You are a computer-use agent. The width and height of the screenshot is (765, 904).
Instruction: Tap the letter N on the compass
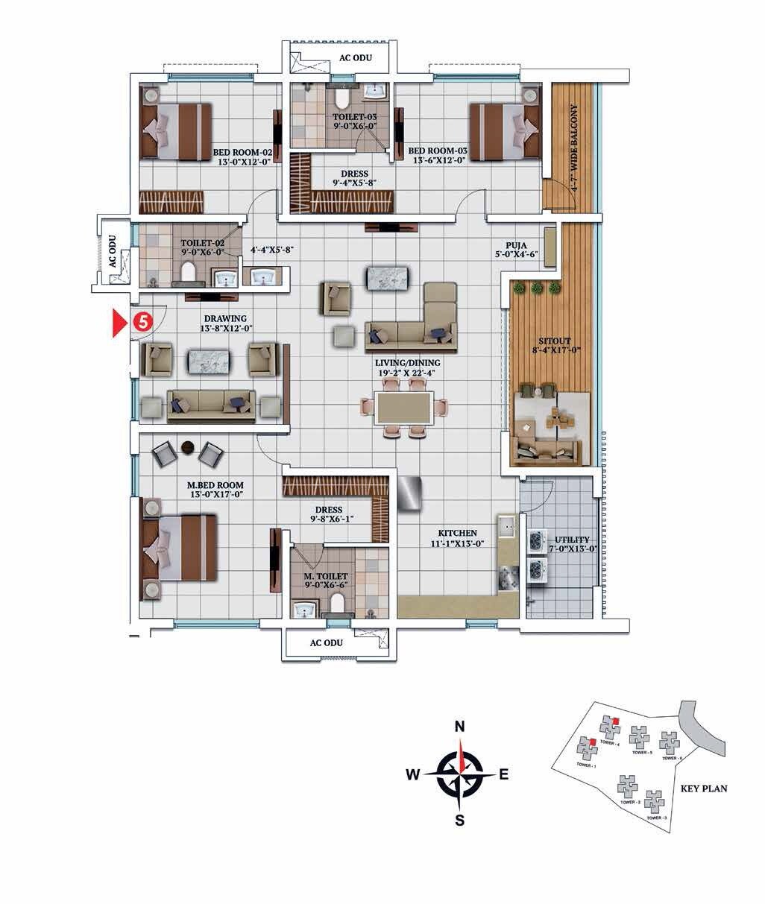coord(460,727)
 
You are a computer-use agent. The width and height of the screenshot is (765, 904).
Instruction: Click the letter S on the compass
coord(460,821)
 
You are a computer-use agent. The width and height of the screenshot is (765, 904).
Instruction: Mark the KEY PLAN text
coord(704,788)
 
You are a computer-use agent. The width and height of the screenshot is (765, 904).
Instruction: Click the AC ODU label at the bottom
coord(326,642)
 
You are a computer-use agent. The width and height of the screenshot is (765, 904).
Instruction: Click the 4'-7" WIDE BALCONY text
coord(574,149)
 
